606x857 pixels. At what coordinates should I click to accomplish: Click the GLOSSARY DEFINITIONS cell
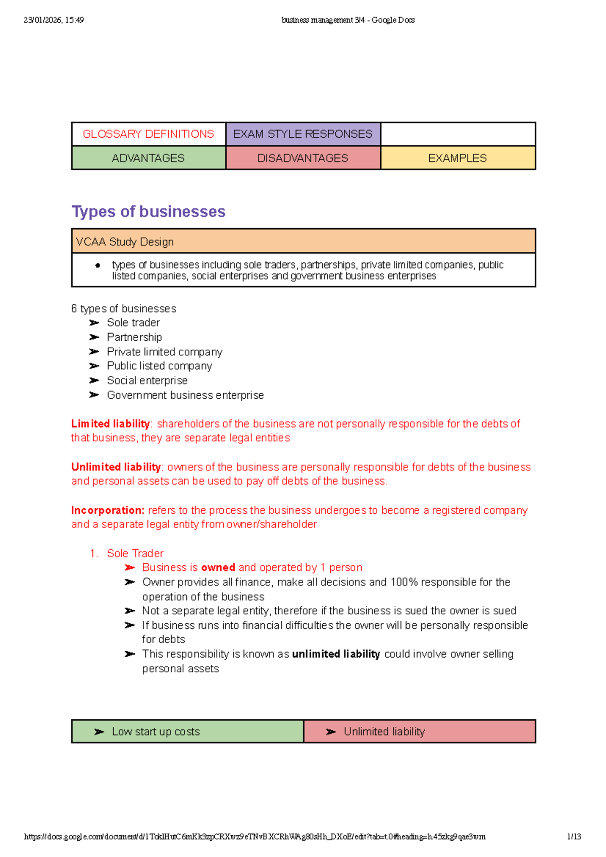click(148, 134)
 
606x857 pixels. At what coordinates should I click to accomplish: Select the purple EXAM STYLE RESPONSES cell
click(302, 134)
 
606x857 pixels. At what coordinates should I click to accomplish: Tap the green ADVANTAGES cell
click(148, 158)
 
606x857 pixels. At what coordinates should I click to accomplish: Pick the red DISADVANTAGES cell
click(302, 158)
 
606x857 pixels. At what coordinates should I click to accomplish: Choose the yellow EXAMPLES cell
click(458, 158)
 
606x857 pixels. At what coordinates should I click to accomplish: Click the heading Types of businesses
click(148, 211)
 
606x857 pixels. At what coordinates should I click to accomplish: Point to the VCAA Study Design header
click(125, 242)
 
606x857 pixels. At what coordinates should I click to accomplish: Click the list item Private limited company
click(165, 352)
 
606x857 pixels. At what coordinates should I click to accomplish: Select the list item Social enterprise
click(147, 381)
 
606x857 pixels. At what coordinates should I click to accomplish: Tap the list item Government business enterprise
click(185, 395)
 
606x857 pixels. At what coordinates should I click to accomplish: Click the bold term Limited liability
click(111, 424)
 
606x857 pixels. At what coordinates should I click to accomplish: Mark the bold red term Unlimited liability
click(116, 467)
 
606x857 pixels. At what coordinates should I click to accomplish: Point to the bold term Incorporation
click(108, 510)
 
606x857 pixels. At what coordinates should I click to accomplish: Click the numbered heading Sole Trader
click(135, 554)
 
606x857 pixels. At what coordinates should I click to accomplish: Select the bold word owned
click(218, 568)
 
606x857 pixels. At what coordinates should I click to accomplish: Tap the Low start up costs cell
click(156, 732)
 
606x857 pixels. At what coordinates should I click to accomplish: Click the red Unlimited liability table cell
click(384, 732)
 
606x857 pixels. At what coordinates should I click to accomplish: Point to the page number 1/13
click(574, 837)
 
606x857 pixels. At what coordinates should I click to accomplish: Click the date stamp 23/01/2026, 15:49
click(54, 20)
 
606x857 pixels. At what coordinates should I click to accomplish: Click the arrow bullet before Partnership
click(94, 337)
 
